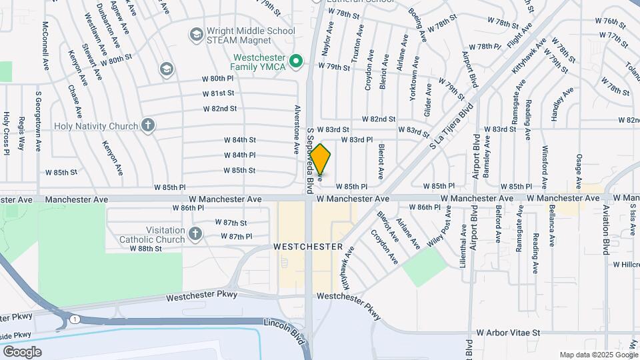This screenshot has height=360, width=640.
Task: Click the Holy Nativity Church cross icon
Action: pyautogui.click(x=147, y=125)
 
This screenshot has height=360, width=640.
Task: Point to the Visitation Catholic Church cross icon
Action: pyautogui.click(x=195, y=233)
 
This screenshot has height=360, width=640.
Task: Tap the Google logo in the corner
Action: pyautogui.click(x=22, y=351)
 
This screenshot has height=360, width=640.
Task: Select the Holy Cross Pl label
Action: pyautogui.click(x=6, y=133)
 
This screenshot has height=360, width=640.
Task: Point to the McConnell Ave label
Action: pyautogui.click(x=46, y=45)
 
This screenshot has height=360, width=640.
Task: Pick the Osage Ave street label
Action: pyautogui.click(x=579, y=166)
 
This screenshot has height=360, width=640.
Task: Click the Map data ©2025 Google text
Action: pyautogui.click(x=598, y=354)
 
